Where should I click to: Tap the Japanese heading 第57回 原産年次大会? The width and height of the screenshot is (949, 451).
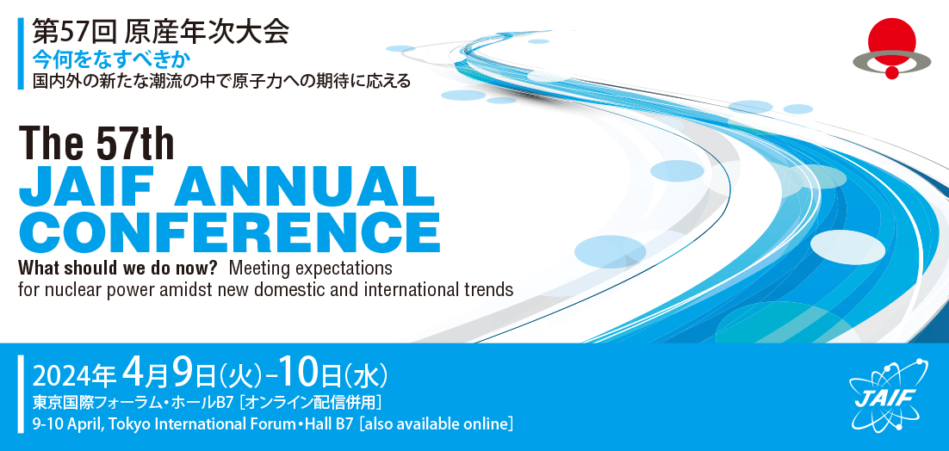tap(159, 32)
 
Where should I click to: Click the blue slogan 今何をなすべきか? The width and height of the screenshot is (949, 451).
tap(111, 60)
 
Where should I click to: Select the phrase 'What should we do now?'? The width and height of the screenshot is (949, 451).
tap(116, 268)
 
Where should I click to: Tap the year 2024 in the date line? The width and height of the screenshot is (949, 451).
tap(60, 375)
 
